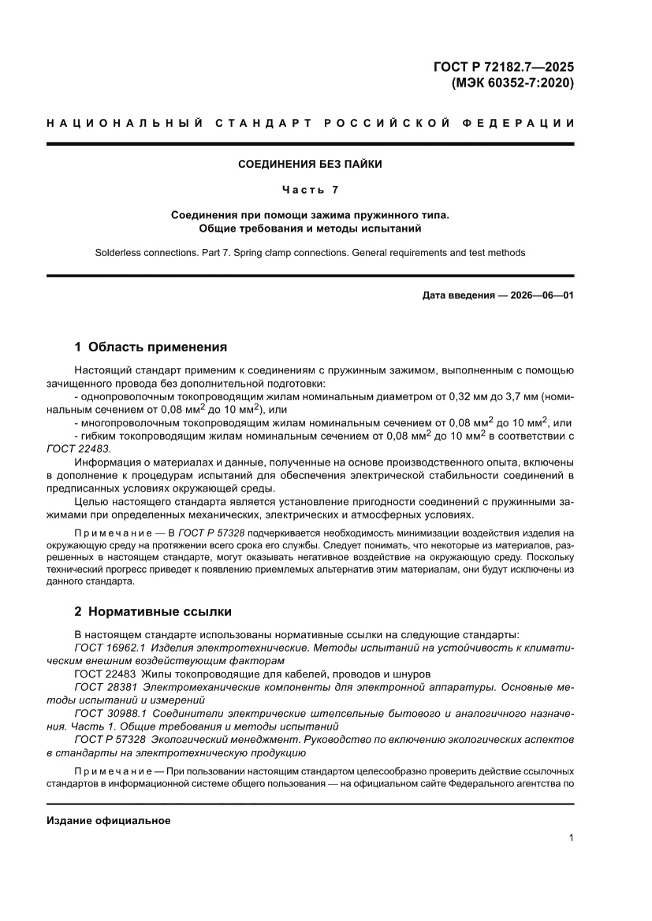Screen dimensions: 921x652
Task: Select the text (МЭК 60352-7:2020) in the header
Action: [512, 82]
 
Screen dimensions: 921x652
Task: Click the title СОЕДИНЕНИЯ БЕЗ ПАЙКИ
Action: [310, 165]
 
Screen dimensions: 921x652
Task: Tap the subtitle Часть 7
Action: [310, 189]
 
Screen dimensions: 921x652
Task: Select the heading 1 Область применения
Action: [151, 347]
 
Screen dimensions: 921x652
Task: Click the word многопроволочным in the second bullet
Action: [125, 423]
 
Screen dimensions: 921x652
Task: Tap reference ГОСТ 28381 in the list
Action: [105, 687]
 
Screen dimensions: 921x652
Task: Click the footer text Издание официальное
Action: [109, 821]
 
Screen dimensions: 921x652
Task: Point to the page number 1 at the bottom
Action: [570, 838]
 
